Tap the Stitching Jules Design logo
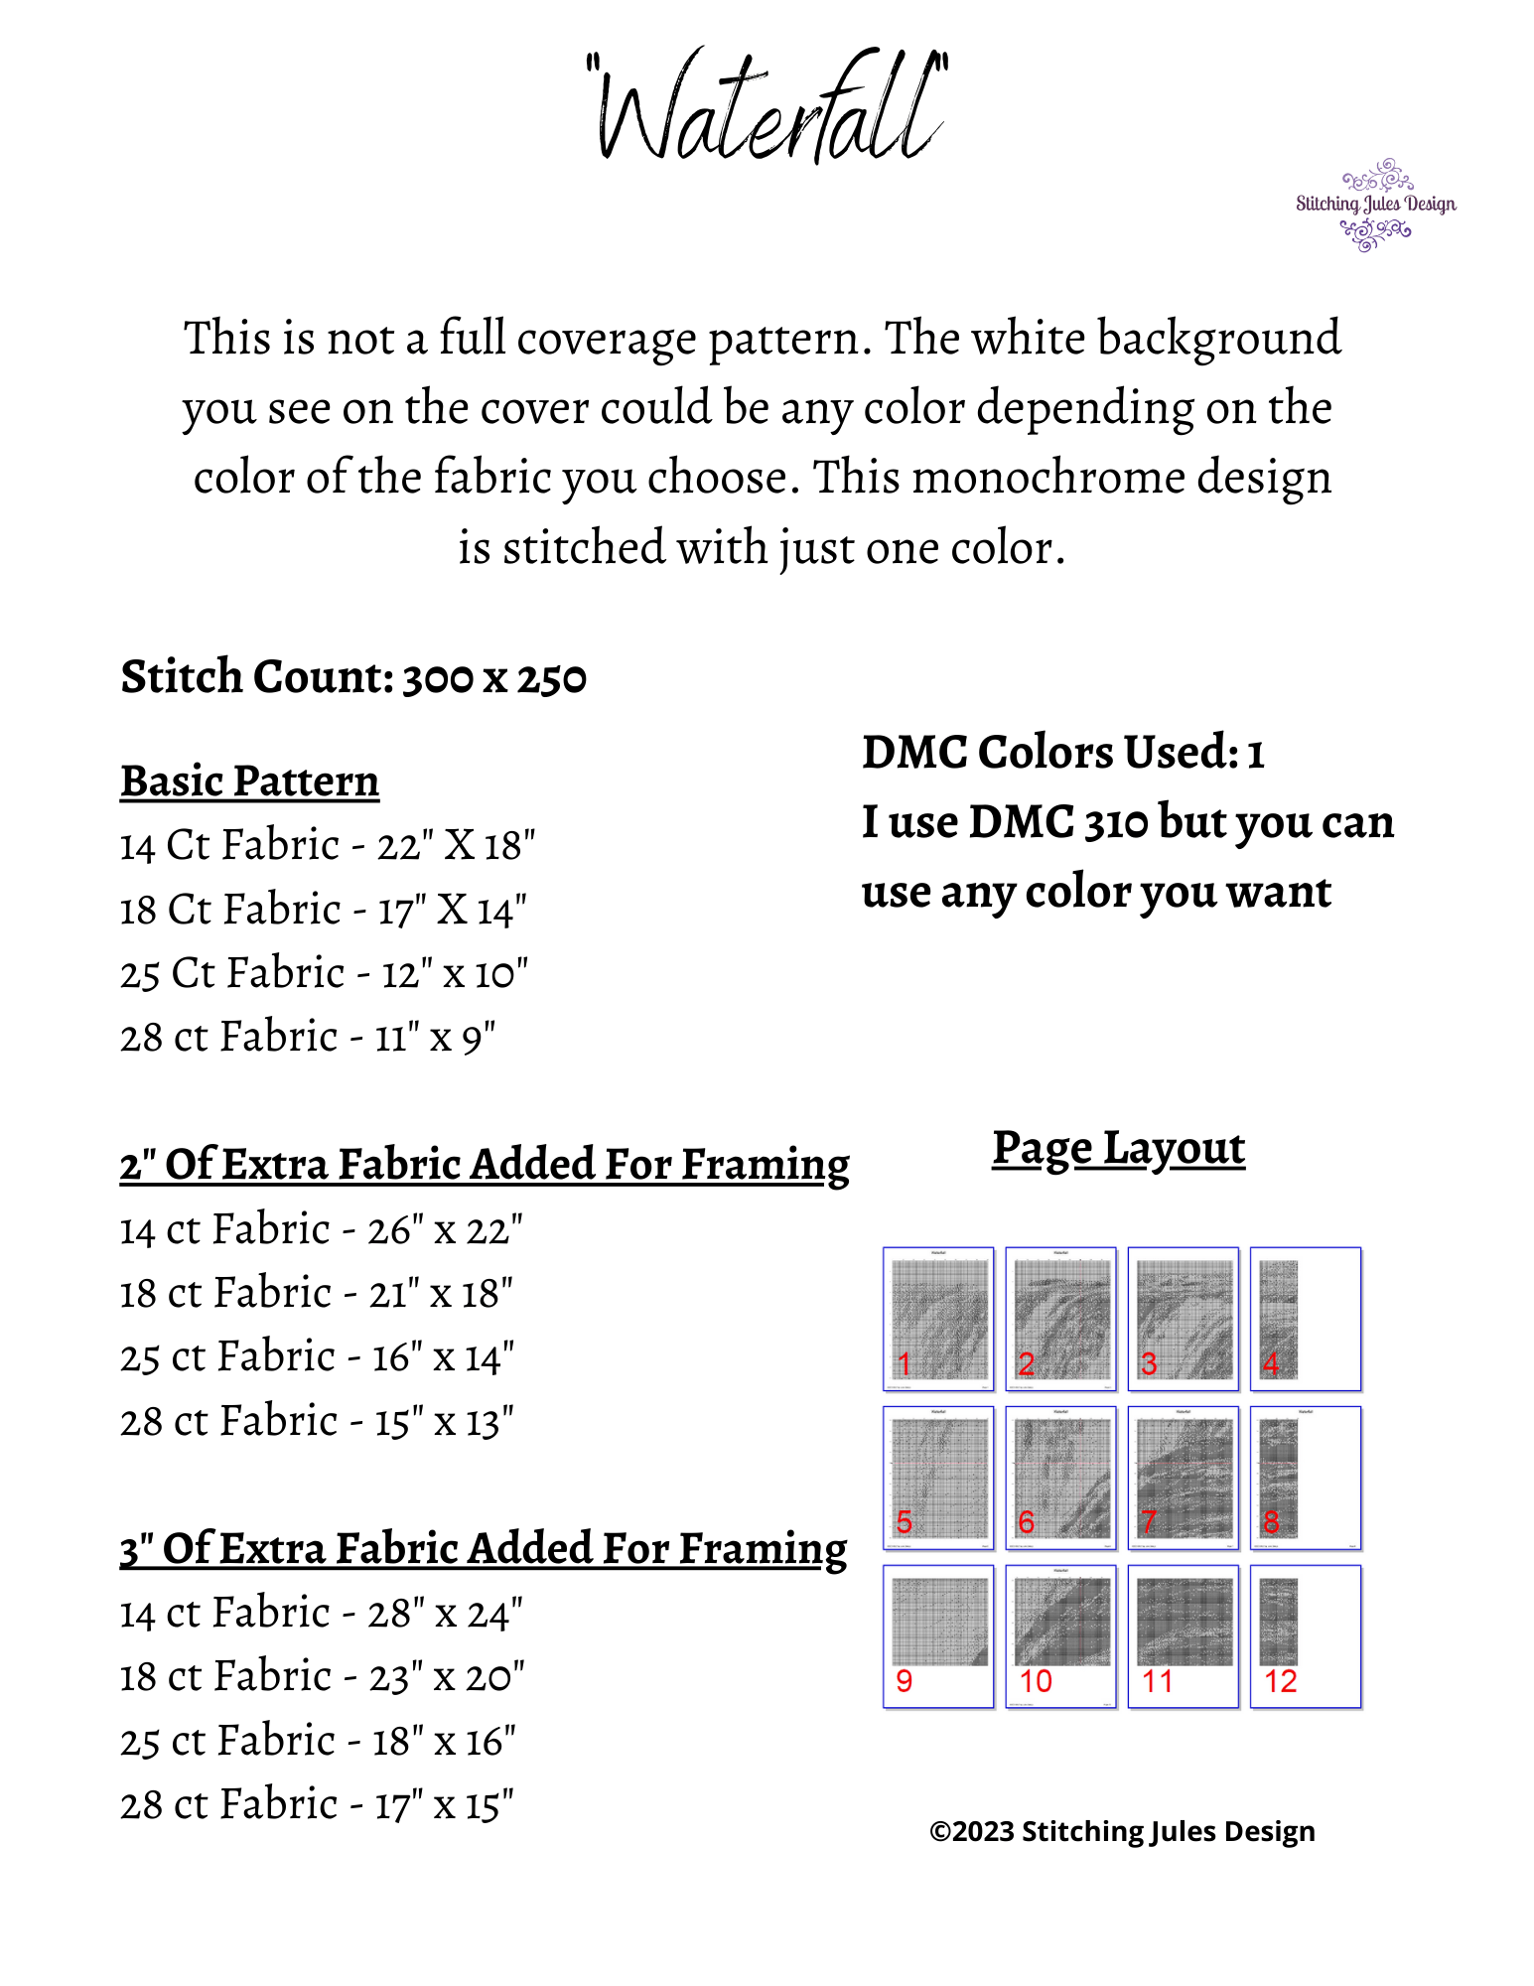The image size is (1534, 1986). coord(1375,205)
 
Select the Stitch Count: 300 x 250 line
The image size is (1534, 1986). coord(353,678)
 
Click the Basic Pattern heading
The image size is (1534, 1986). coord(250,781)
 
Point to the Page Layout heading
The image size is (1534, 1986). coord(1118,1149)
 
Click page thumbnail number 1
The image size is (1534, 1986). coord(938,1319)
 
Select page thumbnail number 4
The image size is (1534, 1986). coord(1305,1319)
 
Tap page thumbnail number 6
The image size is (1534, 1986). coord(1060,1478)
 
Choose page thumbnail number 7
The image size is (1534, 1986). coord(1183,1478)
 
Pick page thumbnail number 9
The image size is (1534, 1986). coord(938,1636)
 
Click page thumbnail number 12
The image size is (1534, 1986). coord(1305,1636)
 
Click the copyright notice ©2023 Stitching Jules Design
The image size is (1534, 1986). coord(1122,1831)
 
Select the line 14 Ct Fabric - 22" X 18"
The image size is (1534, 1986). coord(328,846)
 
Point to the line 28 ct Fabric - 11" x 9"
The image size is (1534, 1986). coord(308,1038)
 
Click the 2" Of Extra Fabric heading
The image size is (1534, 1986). coord(485,1165)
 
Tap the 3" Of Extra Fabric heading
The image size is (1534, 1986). coord(484,1549)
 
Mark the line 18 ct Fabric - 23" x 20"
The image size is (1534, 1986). coord(323,1677)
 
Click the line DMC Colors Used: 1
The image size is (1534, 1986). coord(1062,753)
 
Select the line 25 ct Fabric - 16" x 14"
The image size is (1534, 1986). coord(318,1357)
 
